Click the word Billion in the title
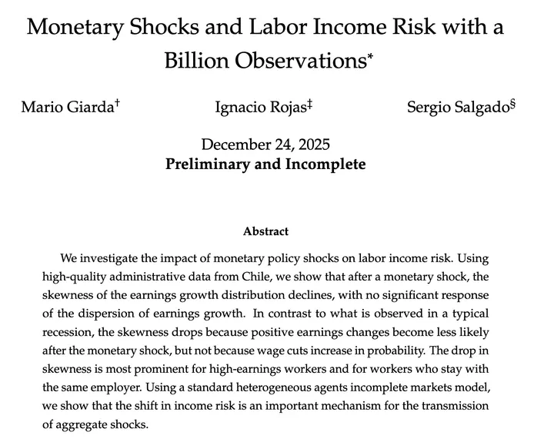[202, 61]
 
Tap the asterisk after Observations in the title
[370, 55]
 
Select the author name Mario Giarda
[67, 107]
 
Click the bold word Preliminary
[209, 164]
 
